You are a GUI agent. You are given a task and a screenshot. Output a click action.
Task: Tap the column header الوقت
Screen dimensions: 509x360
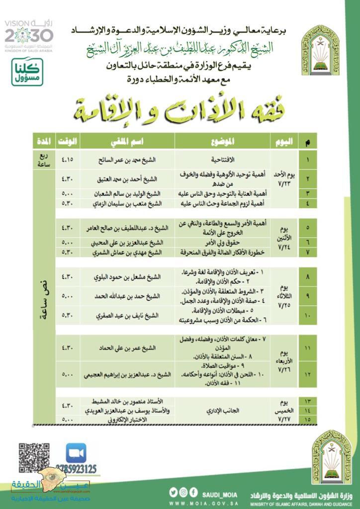66,142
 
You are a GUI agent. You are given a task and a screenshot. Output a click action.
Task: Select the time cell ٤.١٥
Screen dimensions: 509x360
66,160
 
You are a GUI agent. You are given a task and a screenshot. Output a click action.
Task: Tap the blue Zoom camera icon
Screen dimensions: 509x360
76,454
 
